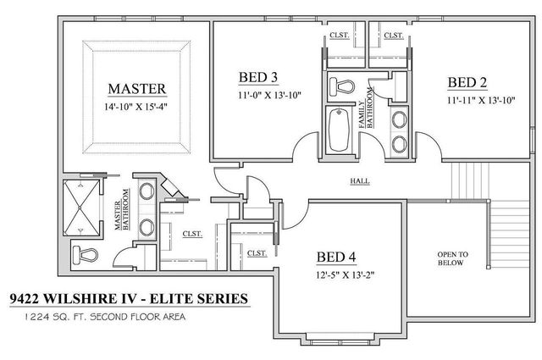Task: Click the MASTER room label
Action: coord(135,88)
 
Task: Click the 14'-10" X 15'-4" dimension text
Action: coord(135,108)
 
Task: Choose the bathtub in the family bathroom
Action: coord(338,130)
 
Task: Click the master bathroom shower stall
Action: coord(81,208)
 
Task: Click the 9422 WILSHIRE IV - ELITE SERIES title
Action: coord(128,299)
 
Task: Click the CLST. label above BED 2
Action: coord(393,36)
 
